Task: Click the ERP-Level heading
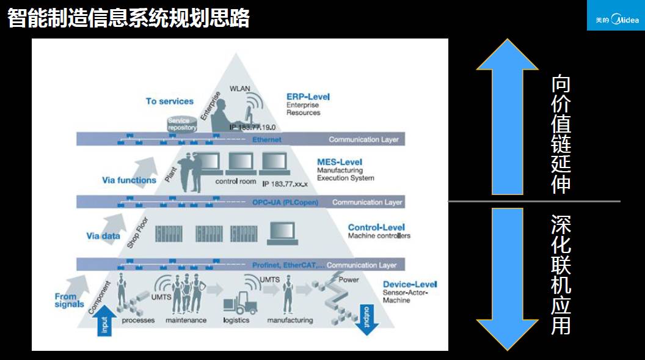point(308,97)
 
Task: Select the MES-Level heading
point(340,162)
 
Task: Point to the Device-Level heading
point(410,284)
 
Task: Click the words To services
point(169,101)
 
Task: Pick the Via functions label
point(129,180)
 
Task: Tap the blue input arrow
point(104,320)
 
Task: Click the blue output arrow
point(366,318)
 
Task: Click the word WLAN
point(239,89)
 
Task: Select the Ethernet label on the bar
point(267,139)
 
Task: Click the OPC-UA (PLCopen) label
point(285,202)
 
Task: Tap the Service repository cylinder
point(182,123)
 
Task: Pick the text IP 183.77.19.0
point(252,127)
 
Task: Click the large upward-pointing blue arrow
point(507,116)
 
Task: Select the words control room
point(235,182)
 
